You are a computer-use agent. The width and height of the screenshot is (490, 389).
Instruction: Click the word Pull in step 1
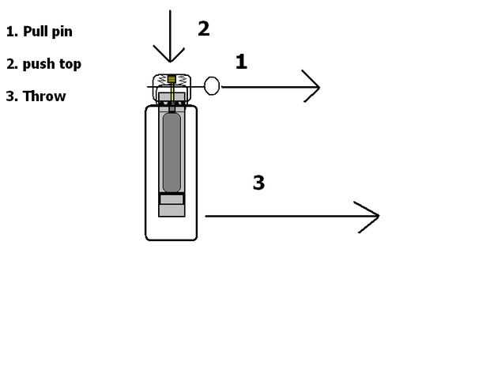(x=36, y=32)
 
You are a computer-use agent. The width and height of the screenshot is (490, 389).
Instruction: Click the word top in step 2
(x=70, y=64)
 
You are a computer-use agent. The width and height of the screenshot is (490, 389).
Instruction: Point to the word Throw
(x=44, y=96)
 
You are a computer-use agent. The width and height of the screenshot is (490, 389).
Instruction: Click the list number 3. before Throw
(x=11, y=96)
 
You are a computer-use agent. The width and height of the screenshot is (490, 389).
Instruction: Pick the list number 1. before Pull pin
(x=11, y=32)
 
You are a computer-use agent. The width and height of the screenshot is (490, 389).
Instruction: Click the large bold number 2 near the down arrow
(x=203, y=29)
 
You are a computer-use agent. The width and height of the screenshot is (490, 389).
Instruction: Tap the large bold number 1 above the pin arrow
(x=241, y=62)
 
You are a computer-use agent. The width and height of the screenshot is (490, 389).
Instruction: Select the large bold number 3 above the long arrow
(x=258, y=183)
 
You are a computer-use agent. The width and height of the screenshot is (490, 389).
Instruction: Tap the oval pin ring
(x=212, y=85)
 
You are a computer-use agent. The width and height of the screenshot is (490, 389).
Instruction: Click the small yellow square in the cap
(x=171, y=79)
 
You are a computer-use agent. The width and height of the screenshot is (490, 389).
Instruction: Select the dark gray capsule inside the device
(x=171, y=152)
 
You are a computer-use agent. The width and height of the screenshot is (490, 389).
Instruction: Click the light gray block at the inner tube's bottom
(x=171, y=210)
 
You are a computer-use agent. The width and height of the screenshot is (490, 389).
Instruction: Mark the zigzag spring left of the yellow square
(x=161, y=80)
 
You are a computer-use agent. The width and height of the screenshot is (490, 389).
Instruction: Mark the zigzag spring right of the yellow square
(x=182, y=80)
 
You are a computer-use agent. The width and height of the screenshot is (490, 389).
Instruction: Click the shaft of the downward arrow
(x=170, y=28)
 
